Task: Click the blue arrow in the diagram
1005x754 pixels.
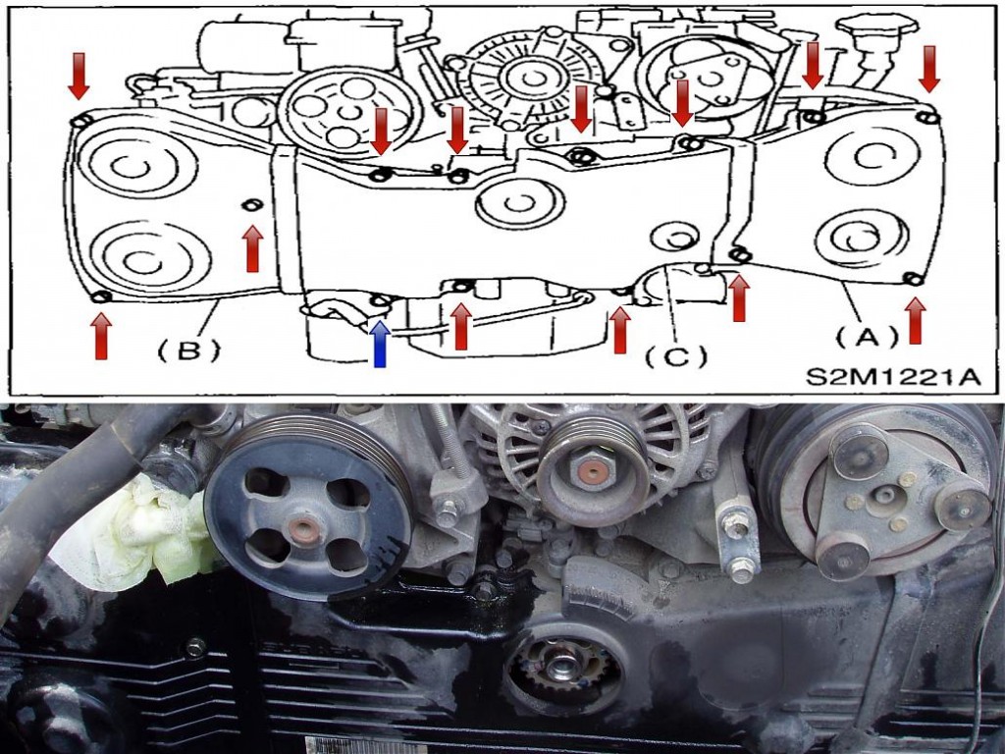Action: pyautogui.click(x=380, y=345)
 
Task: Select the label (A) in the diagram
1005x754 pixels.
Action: pyautogui.click(x=867, y=337)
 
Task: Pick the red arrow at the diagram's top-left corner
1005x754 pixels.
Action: pyautogui.click(x=79, y=77)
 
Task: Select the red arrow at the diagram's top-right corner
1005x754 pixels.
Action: pyautogui.click(x=928, y=69)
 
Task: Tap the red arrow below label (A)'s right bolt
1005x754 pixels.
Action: pyautogui.click(x=915, y=321)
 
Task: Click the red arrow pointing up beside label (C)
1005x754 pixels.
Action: pyautogui.click(x=619, y=330)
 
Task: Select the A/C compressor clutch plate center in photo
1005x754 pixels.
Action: pyautogui.click(x=886, y=496)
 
